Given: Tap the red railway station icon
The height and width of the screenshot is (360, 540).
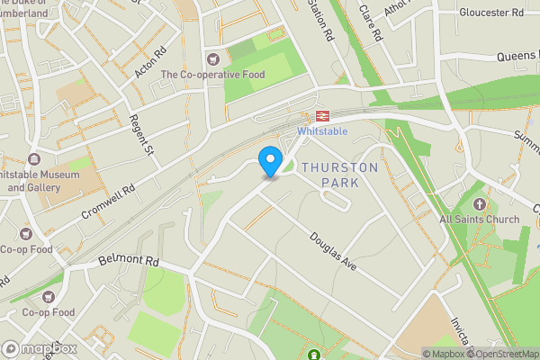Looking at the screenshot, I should point(322,116).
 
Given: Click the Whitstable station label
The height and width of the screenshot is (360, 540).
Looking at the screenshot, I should point(322,131).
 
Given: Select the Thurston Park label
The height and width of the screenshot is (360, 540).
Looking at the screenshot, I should point(329,175).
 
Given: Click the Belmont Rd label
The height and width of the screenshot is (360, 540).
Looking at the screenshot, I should point(128,262).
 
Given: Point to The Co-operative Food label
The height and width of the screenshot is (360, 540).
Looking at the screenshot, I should point(213,75).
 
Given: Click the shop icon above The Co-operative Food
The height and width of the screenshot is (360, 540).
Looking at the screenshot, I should point(213,59).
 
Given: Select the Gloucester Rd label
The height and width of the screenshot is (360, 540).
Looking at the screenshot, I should point(491,13).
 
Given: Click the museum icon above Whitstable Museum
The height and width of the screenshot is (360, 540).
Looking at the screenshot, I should point(35,158).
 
